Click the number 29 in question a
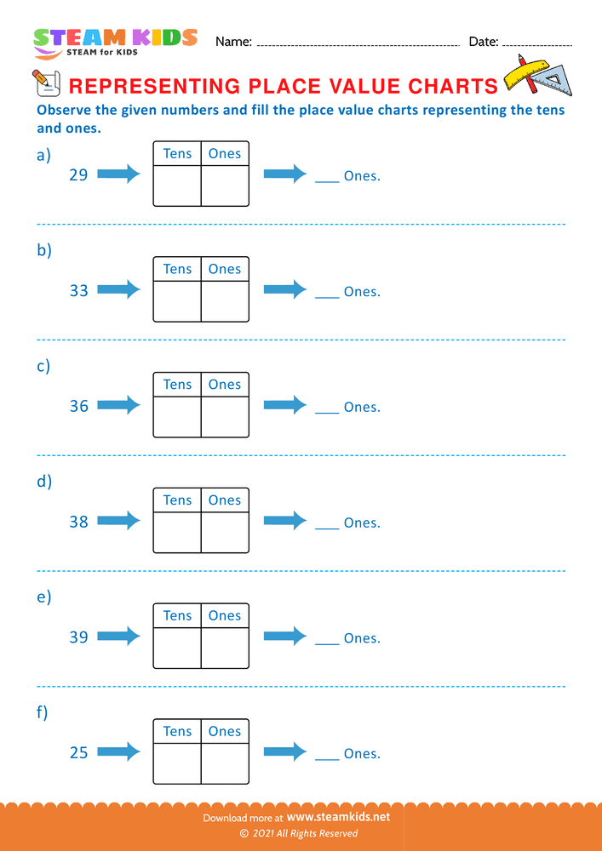point(78,175)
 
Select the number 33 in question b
point(78,291)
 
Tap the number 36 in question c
point(78,407)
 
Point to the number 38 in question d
point(78,522)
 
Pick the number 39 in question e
point(78,637)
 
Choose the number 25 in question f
point(78,753)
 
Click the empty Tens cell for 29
point(177,186)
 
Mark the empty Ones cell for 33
point(225,301)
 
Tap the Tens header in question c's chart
point(177,385)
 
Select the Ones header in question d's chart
point(225,500)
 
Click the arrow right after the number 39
point(118,636)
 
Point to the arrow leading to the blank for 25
point(284,751)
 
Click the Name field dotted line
point(358,43)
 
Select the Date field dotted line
point(537,43)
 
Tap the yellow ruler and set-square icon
point(537,76)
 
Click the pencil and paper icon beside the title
point(45,83)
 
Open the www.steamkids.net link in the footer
point(344,817)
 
